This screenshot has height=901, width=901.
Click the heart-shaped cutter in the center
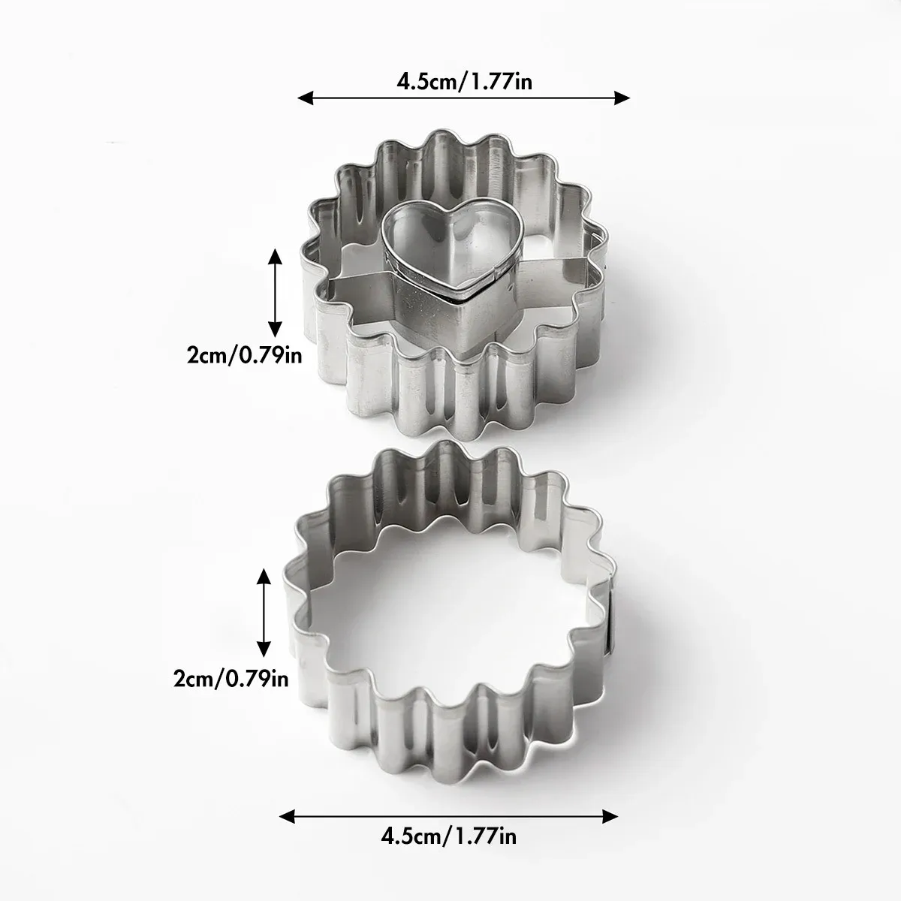451,281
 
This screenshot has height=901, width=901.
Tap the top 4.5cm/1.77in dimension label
464,83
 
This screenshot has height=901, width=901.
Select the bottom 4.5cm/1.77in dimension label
449,836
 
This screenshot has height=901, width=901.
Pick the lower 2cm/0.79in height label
231,679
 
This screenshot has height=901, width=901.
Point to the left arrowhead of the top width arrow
306,98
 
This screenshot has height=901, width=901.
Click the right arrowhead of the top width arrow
622,98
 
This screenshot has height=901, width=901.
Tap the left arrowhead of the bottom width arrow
287,817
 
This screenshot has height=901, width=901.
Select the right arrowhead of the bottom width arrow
610,817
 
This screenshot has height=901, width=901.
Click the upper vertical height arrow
275,293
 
